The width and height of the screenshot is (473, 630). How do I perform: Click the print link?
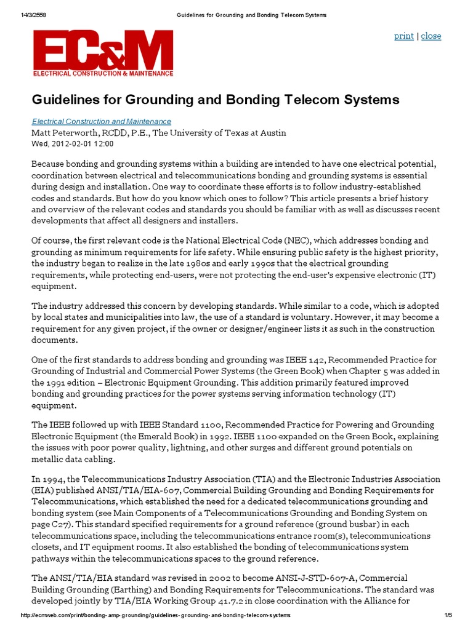(x=403, y=36)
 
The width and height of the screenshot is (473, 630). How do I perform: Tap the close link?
(x=431, y=36)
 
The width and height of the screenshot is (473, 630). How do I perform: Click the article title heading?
(x=216, y=100)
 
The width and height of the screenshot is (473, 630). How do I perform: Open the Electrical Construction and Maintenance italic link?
(x=102, y=122)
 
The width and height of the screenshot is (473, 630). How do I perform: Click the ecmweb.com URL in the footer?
(x=155, y=615)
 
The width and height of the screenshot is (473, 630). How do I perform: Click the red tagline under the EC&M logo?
(x=103, y=73)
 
